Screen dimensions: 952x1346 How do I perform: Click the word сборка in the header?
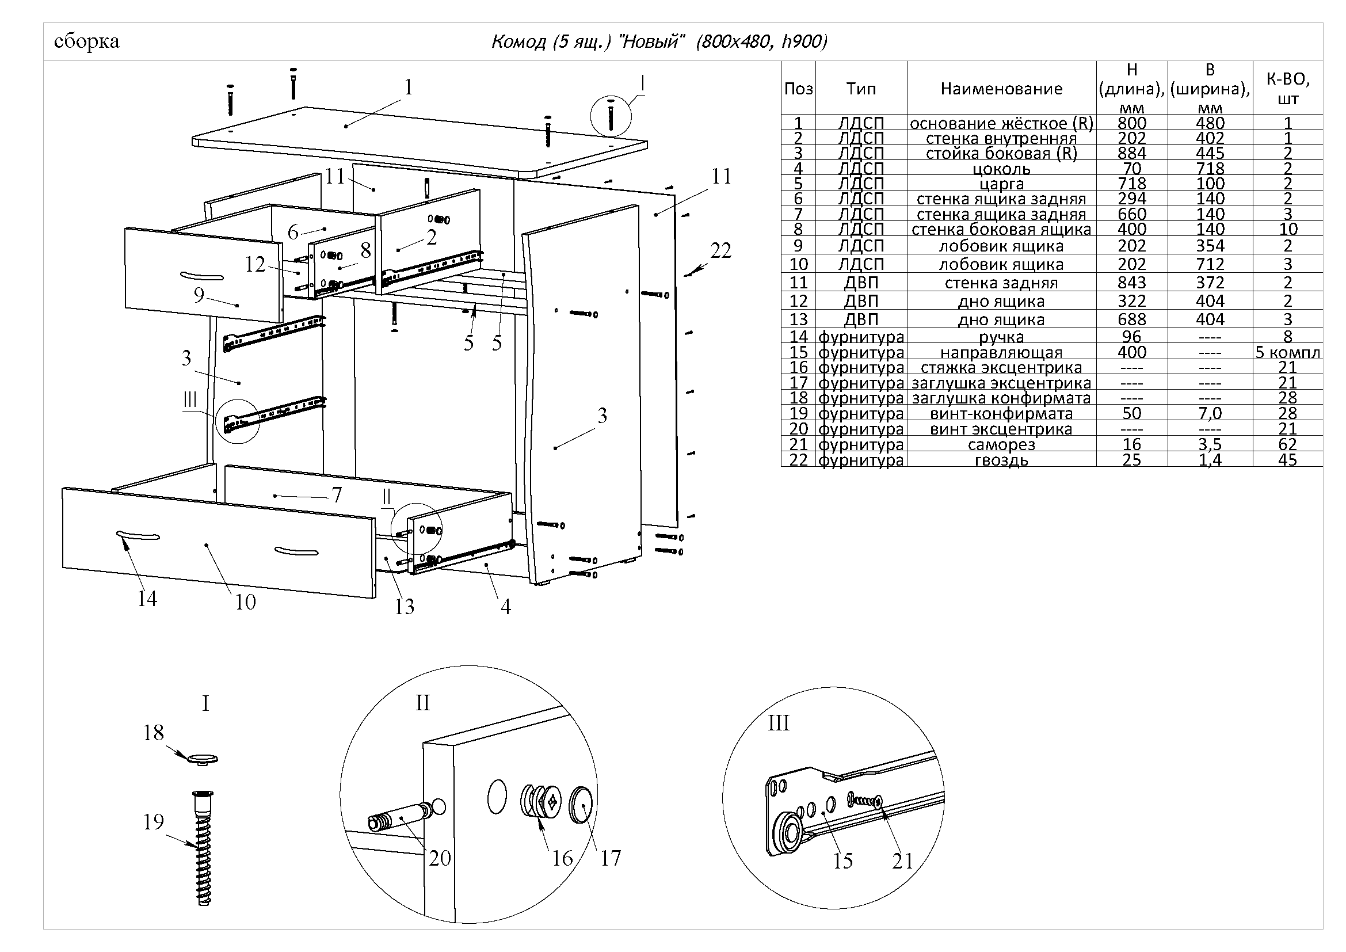86,41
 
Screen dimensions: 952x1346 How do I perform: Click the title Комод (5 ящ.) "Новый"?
588,41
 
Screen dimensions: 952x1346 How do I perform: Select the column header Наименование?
1001,89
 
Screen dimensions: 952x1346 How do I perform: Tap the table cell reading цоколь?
1001,169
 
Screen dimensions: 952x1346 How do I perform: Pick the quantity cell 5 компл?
1287,352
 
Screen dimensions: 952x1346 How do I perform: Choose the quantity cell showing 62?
1287,444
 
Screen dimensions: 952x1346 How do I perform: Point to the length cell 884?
1131,153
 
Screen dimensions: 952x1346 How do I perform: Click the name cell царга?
1001,184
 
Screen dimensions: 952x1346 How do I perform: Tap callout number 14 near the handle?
147,599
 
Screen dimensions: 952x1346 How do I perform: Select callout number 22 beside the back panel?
720,251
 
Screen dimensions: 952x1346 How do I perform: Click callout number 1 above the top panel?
409,87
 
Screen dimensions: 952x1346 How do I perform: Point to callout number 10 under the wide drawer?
246,602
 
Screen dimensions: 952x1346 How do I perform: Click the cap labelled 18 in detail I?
203,759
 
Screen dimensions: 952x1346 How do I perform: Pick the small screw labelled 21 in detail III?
865,799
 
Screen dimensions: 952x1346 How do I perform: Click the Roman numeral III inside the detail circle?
779,723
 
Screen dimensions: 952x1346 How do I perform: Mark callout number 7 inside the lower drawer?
337,496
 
